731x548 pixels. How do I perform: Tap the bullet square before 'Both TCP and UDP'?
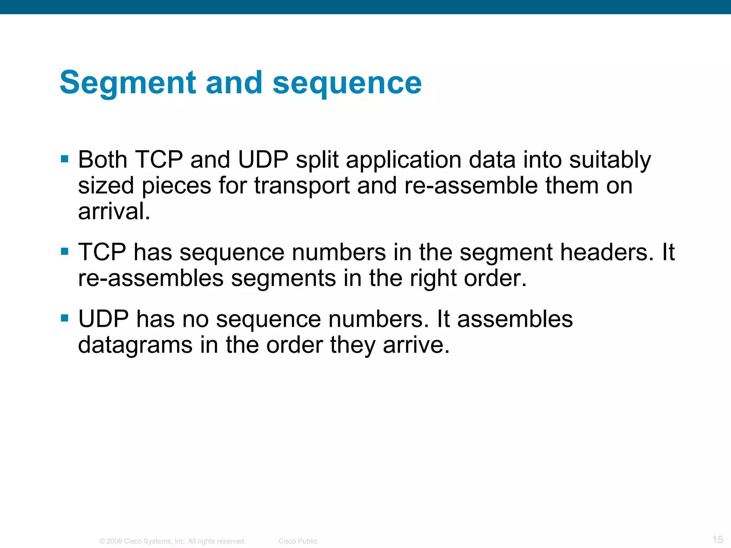pyautogui.click(x=65, y=159)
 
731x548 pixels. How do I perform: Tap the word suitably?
pyautogui.click(x=610, y=160)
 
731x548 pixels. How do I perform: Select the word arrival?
pyautogui.click(x=114, y=211)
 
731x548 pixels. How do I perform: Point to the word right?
pyautogui.click(x=433, y=279)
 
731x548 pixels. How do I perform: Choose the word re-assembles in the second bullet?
pyautogui.click(x=151, y=278)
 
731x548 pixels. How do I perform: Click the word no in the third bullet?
pyautogui.click(x=196, y=319)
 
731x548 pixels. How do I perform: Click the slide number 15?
pyautogui.click(x=717, y=539)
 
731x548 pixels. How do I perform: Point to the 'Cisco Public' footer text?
pyautogui.click(x=298, y=541)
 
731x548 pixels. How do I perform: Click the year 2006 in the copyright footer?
pyautogui.click(x=114, y=541)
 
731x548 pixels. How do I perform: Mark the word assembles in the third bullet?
pyautogui.click(x=515, y=319)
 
